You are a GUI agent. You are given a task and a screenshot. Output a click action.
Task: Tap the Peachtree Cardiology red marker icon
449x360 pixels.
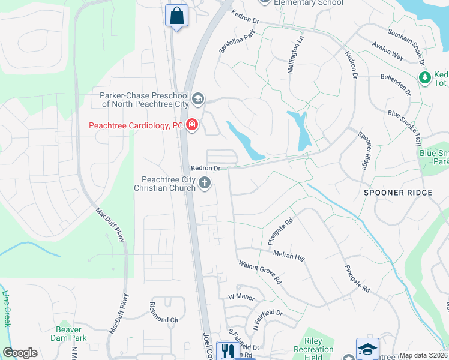click(192, 125)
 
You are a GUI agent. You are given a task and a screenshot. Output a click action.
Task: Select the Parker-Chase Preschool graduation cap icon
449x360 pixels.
click(198, 98)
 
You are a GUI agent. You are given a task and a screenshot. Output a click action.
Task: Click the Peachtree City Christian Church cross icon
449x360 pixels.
click(205, 184)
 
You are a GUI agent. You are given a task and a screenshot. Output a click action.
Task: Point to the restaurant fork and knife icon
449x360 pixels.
click(227, 350)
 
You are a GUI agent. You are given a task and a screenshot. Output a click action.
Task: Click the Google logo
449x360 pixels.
click(20, 353)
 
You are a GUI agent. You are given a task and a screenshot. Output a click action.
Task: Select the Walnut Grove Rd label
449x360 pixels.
click(260, 272)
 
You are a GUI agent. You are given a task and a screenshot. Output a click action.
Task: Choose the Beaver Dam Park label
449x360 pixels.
click(71, 334)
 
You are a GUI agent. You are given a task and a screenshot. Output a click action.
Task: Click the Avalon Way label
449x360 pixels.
click(387, 52)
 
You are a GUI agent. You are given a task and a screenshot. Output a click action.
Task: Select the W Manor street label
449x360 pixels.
click(241, 297)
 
